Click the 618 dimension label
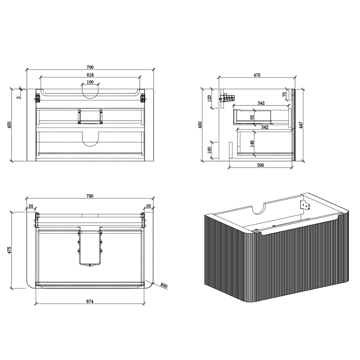90,75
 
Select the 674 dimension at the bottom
90,301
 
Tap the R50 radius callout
164,285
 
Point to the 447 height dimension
301,125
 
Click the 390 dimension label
260,165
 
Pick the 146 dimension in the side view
252,144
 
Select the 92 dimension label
252,117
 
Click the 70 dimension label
284,94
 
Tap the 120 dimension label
209,99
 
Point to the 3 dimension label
19,97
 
